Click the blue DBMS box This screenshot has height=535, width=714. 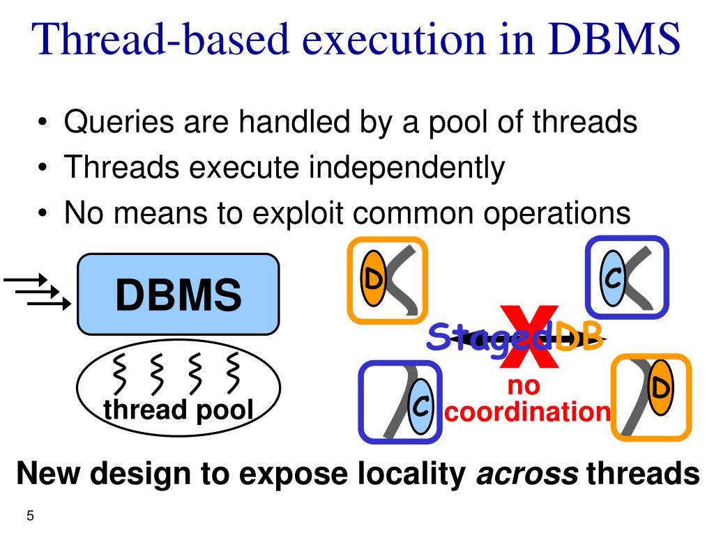[178, 294]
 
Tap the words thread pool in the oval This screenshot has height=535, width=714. [178, 411]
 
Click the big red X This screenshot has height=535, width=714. [529, 338]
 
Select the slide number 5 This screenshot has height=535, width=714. [30, 516]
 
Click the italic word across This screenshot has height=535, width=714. [526, 474]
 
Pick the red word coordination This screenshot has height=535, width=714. [528, 412]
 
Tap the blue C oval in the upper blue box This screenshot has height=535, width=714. [614, 279]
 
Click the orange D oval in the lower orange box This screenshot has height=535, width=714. [660, 387]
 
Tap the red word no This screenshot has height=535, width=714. [524, 385]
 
